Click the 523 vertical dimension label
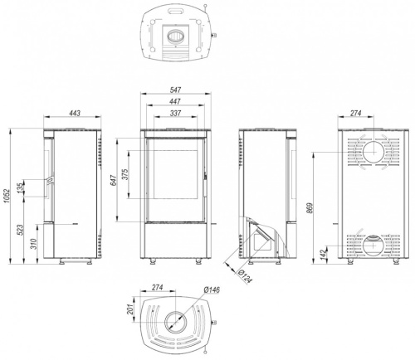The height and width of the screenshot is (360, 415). point(22,230)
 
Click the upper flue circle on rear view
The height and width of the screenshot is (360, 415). point(372,152)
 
